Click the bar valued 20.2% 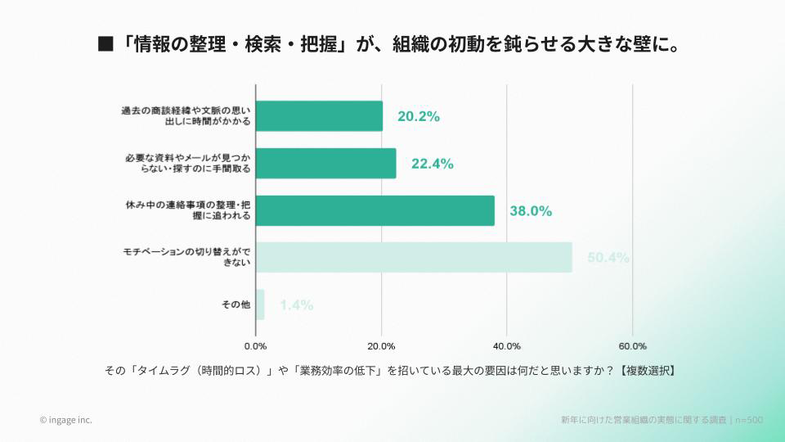pyautogui.click(x=319, y=116)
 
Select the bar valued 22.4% pyautogui.click(x=325, y=164)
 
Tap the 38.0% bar pyautogui.click(x=375, y=210)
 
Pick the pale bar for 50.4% pyautogui.click(x=414, y=257)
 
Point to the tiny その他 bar pyautogui.click(x=260, y=304)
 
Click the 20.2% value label pyautogui.click(x=419, y=116)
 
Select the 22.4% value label pyautogui.click(x=432, y=164)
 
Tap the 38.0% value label pyautogui.click(x=531, y=210)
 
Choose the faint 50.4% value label pyautogui.click(x=608, y=258)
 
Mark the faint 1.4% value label pyautogui.click(x=296, y=305)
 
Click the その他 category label pyautogui.click(x=235, y=304)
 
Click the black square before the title pyautogui.click(x=105, y=43)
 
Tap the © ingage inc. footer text pyautogui.click(x=65, y=420)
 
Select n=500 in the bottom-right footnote pyautogui.click(x=749, y=420)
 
